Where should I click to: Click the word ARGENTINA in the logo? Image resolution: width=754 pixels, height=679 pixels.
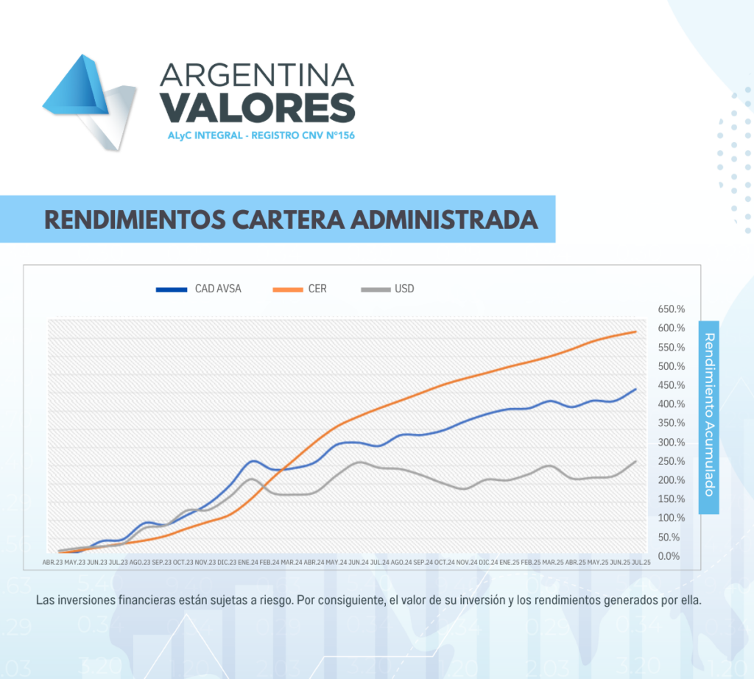(x=257, y=74)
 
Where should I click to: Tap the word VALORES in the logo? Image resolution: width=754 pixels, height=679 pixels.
(x=257, y=108)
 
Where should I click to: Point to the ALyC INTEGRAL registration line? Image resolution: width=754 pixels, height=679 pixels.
(x=257, y=136)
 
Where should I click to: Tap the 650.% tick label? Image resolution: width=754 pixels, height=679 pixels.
(x=671, y=309)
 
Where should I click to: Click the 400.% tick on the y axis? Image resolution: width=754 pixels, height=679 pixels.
(x=671, y=404)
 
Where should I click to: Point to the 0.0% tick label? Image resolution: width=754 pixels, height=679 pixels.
(x=671, y=556)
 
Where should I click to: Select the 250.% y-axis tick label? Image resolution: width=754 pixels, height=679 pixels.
(x=671, y=461)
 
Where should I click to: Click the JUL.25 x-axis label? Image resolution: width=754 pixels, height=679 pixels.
(x=641, y=562)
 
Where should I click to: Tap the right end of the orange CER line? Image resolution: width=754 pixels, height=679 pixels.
(x=635, y=331)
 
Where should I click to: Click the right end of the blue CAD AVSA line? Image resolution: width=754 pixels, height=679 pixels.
(x=635, y=389)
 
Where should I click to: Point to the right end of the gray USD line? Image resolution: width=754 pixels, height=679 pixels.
(x=635, y=461)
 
